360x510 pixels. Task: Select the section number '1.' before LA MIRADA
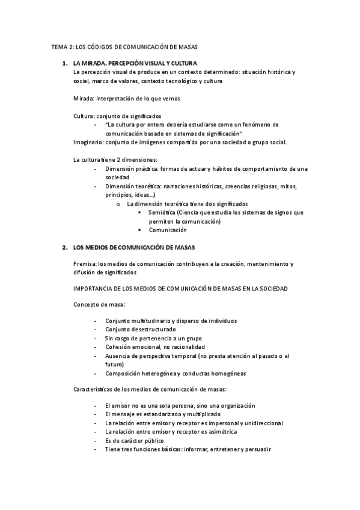[65, 63]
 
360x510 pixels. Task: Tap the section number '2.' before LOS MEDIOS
[65, 247]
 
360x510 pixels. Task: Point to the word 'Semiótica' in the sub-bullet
[162, 212]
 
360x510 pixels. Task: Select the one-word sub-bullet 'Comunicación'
[168, 230]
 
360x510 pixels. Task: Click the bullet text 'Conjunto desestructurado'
[140, 330]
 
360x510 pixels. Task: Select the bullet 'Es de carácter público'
[134, 440]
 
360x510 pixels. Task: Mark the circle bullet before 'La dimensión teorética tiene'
[118, 204]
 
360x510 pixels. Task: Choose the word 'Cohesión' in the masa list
[117, 347]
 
